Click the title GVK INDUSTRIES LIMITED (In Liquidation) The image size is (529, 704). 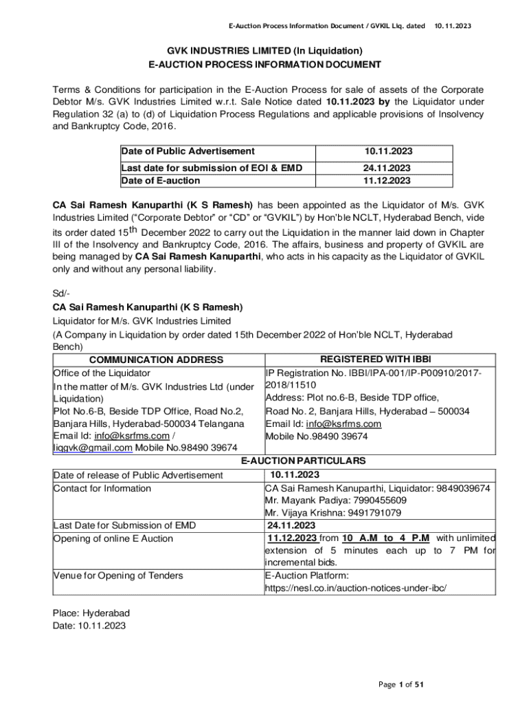(x=265, y=50)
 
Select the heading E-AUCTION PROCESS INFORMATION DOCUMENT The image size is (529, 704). (x=265, y=65)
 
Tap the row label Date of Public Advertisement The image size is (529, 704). (x=188, y=151)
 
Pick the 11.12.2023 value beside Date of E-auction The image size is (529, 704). (x=387, y=181)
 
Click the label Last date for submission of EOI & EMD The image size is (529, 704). (x=212, y=168)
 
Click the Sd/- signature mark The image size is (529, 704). (x=62, y=293)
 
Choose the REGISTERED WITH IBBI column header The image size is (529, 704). (x=376, y=358)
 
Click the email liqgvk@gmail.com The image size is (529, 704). (x=93, y=448)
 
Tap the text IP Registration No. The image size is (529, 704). (x=304, y=373)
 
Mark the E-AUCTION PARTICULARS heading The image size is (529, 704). (x=302, y=461)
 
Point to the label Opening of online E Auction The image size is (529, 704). (x=113, y=538)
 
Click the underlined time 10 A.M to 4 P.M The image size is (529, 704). (x=386, y=538)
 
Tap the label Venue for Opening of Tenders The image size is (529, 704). (x=117, y=575)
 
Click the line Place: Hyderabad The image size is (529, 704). (x=91, y=613)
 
